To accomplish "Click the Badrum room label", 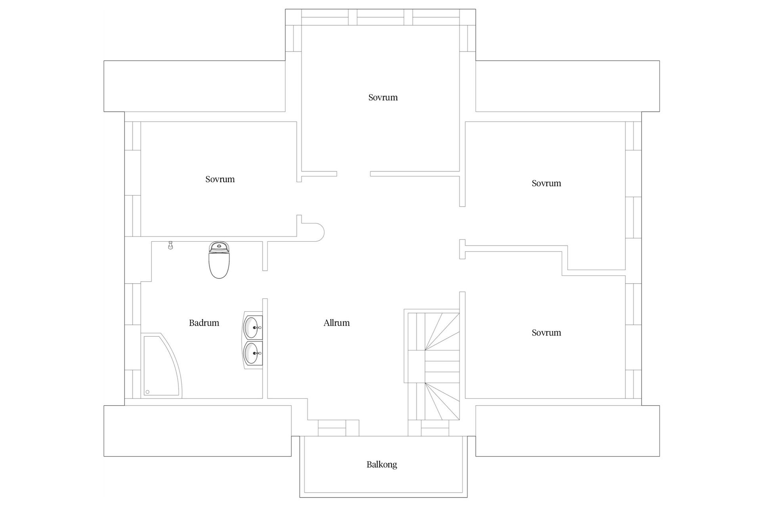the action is point(204,323).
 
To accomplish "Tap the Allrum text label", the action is point(337,323).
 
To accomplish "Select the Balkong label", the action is point(382,465).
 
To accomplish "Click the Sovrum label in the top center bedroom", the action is point(383,97).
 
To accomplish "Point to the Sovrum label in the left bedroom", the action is point(220,179).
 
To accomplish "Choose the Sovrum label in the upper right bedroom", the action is point(546,183).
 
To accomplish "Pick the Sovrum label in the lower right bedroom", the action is point(546,333).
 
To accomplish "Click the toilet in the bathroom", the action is point(219,260).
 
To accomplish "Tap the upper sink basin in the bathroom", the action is point(253,327).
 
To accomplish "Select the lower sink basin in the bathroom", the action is point(253,353).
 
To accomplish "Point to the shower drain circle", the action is point(147,392).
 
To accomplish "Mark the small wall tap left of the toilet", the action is point(170,245).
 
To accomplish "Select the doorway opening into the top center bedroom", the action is point(354,174).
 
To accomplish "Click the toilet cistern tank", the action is point(219,247).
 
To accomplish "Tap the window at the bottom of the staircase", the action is point(435,428).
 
